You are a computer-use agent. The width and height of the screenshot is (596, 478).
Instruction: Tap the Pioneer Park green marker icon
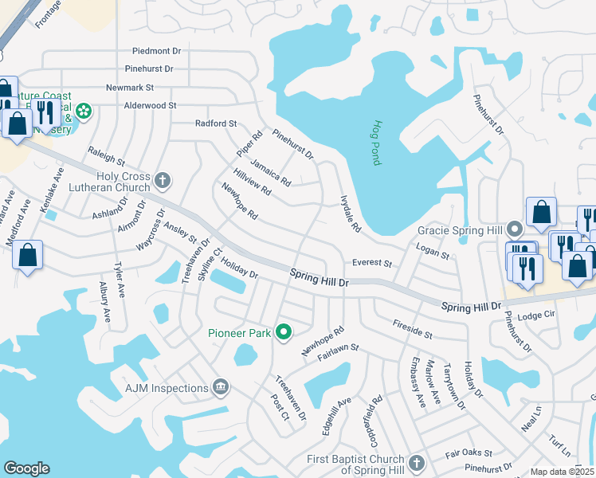pos(284,333)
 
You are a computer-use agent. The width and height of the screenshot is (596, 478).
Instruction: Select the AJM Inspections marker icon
pos(221,388)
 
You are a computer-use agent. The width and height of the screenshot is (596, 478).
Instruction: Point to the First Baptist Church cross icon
pos(416,463)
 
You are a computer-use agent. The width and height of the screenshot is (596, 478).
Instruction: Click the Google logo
pos(26,468)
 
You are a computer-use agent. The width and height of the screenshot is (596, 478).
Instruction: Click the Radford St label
pos(217,123)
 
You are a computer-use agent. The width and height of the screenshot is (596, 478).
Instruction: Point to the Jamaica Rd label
pos(271,172)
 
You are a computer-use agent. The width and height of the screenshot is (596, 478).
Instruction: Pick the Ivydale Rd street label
pos(351,214)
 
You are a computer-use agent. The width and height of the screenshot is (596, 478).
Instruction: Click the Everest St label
pos(372,263)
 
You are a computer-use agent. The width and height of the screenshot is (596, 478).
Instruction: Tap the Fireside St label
pos(412,329)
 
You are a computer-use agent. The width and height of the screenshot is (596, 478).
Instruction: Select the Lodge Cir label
pos(535,316)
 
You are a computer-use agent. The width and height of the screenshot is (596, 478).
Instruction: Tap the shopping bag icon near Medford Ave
pos(27,256)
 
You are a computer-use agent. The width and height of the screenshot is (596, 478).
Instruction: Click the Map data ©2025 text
pos(562,472)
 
